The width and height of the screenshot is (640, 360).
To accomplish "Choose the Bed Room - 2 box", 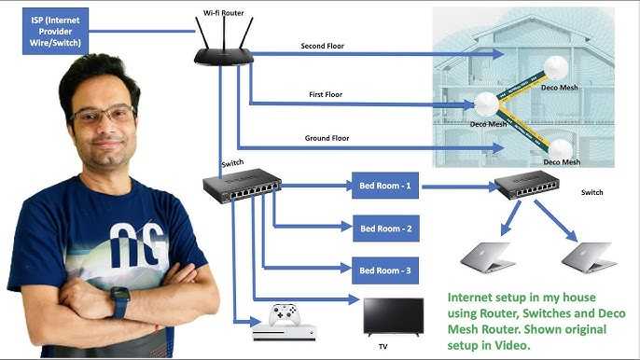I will (384, 228).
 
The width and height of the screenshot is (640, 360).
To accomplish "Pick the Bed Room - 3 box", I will (384, 270).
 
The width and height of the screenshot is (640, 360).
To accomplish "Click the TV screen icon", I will (393, 315).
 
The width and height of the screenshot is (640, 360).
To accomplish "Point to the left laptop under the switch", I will (488, 256).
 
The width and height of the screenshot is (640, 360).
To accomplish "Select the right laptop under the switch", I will (589, 256).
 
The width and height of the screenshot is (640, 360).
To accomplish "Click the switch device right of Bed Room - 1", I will (527, 186).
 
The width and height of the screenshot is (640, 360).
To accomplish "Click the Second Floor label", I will (323, 46).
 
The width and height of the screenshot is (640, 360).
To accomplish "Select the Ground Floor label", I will (328, 139).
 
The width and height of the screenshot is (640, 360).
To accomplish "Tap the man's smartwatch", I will (120, 302).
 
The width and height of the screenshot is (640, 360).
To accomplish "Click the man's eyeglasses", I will (102, 117).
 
